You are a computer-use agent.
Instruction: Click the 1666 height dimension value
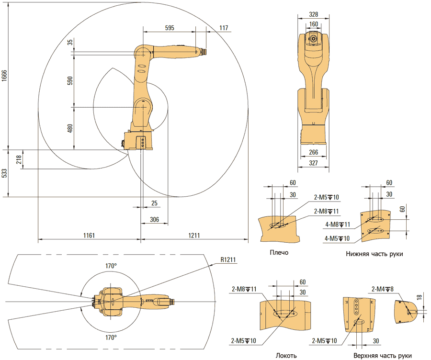(4, 76)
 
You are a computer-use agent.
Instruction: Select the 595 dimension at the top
(170, 28)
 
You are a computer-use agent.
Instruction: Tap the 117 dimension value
(224, 28)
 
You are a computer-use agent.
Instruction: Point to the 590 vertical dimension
(70, 80)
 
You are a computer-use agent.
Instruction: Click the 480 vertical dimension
(70, 128)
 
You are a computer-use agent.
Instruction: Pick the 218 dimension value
(19, 159)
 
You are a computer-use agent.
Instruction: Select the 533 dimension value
(4, 173)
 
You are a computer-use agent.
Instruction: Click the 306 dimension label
(155, 219)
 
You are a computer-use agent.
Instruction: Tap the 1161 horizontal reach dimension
(89, 235)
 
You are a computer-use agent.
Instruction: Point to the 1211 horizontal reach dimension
(194, 235)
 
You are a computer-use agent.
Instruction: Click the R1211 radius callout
(228, 259)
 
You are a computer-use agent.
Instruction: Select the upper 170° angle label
(111, 266)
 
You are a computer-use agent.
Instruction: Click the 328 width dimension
(313, 14)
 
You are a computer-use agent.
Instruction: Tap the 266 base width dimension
(313, 152)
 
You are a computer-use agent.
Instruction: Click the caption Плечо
(279, 253)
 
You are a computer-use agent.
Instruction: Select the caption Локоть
(286, 356)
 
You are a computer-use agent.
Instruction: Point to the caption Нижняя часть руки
(374, 254)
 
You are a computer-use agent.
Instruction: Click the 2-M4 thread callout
(383, 289)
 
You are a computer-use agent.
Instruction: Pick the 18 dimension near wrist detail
(419, 297)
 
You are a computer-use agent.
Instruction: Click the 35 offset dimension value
(70, 42)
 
